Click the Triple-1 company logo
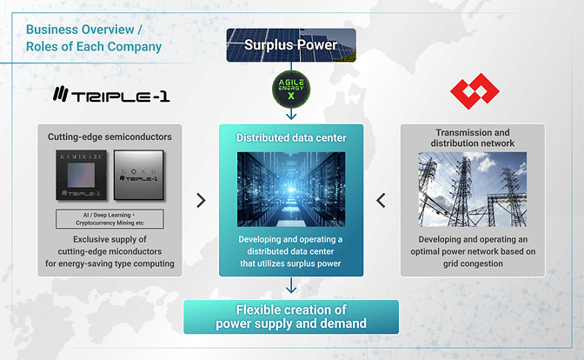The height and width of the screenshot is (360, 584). pos(111,94)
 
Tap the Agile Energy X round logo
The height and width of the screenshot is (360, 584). pos(291,90)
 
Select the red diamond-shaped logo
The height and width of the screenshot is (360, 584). pos(474,91)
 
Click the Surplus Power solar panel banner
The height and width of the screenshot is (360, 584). pos(291,45)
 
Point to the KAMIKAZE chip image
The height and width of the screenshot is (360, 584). pos(81,175)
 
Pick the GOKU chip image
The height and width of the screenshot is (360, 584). pos(138,175)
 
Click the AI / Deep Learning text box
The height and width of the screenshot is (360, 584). pos(109,219)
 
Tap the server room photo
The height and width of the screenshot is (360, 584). pos(291,190)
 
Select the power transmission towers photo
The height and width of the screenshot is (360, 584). pos(473,190)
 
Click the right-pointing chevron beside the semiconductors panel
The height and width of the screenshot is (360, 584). pos(201,201)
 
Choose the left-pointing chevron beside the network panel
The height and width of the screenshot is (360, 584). pos(381,201)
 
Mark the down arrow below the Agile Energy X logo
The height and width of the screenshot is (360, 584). pos(291,114)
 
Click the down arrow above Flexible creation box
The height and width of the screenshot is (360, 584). pos(291,285)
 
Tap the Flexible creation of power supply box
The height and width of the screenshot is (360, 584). pos(291,317)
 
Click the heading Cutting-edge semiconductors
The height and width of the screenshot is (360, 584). pos(109,137)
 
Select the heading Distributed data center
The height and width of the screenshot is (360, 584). pos(291,138)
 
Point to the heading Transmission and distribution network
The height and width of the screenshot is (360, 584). pos(473,138)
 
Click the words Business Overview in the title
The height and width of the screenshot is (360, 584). pos(80,30)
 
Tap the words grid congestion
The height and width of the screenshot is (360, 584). pos(473,263)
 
